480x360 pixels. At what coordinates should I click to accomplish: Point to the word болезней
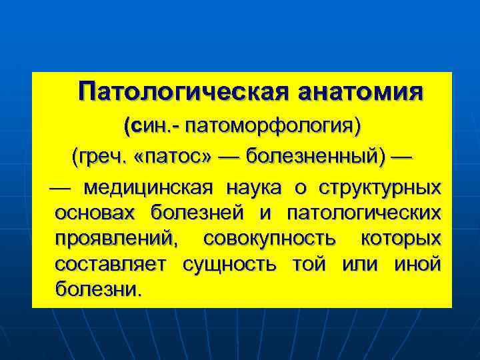click(x=197, y=213)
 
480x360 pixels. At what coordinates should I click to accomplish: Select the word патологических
click(x=363, y=213)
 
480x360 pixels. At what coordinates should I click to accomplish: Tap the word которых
click(x=400, y=239)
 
